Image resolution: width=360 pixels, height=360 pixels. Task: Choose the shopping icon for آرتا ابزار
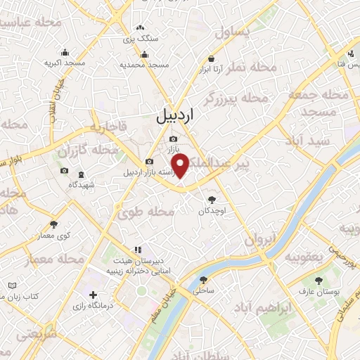click(211, 59)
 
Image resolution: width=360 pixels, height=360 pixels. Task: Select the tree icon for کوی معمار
click(53, 225)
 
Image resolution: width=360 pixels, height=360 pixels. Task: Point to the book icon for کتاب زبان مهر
click(12, 285)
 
